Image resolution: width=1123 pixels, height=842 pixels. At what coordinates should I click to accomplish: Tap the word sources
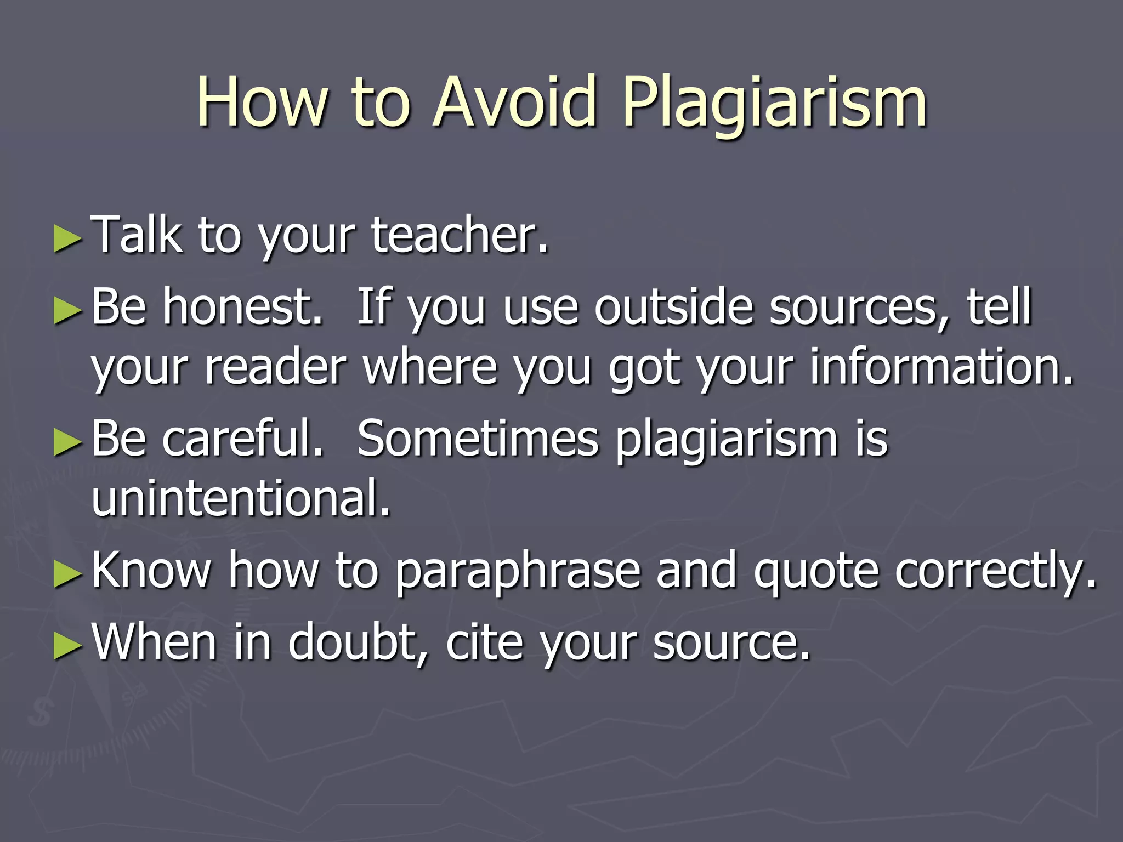pos(859,307)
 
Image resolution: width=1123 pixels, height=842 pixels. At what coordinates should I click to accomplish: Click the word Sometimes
pos(477,439)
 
